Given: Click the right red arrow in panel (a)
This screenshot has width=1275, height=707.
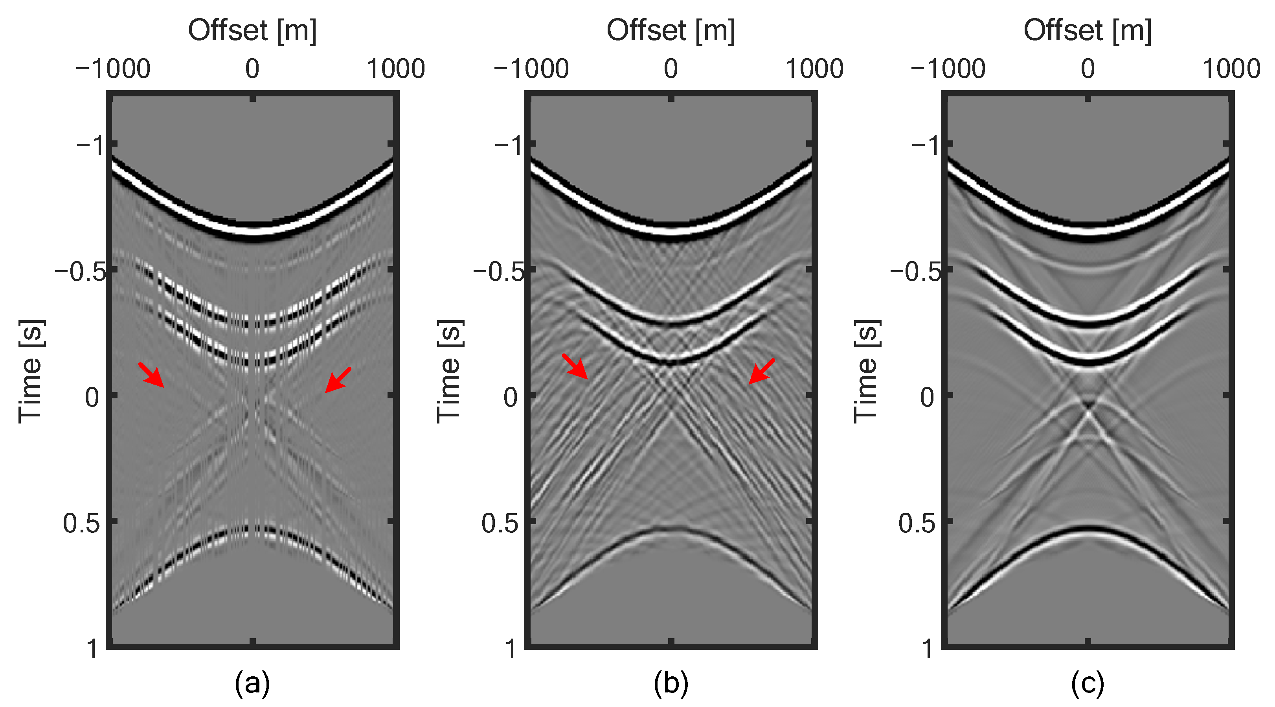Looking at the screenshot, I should (x=338, y=380).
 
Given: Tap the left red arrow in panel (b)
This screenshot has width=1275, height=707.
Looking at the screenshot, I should (x=575, y=367).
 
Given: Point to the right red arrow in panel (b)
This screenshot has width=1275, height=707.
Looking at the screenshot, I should (x=761, y=371).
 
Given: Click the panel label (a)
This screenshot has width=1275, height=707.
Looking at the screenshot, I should (x=252, y=683).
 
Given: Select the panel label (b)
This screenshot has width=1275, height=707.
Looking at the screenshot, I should (x=671, y=683).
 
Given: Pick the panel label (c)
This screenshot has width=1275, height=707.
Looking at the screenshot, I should (x=1088, y=683).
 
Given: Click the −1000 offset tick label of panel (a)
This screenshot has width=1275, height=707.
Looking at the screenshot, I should (x=113, y=69).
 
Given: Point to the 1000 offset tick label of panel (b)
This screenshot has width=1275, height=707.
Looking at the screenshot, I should (x=814, y=69).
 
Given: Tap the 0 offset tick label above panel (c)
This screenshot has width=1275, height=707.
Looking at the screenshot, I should (x=1088, y=69).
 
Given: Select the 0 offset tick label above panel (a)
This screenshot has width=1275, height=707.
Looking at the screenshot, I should (x=252, y=69).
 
